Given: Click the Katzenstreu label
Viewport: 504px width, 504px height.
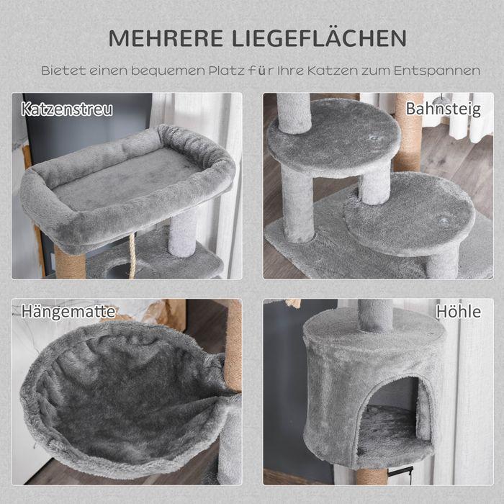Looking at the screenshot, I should [67, 110].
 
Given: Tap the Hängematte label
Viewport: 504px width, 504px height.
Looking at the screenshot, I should [69, 312].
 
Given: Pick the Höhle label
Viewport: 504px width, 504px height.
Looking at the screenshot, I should [458, 312].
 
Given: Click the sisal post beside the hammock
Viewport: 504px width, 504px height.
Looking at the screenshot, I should [233, 346].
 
